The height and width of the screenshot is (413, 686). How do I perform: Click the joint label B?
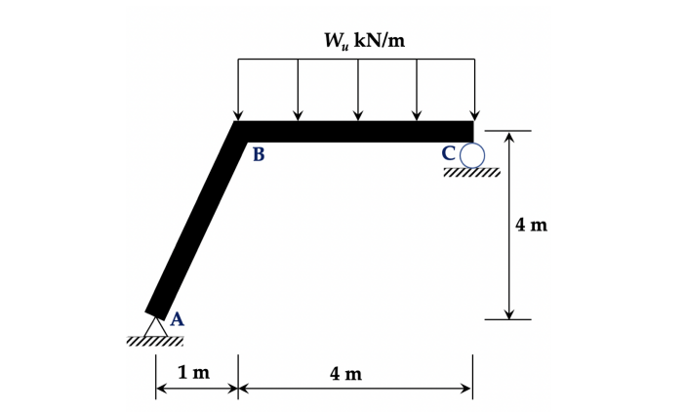point(259,154)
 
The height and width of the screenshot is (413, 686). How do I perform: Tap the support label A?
point(177,319)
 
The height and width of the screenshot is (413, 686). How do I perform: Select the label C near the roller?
point(449,153)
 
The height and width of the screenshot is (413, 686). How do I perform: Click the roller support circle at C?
point(472,155)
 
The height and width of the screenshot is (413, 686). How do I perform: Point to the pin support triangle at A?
point(156,327)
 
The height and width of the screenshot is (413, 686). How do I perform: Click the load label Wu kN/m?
point(364,41)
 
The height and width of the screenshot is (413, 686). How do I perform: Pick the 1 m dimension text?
point(194,373)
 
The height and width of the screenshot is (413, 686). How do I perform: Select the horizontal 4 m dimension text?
point(346,374)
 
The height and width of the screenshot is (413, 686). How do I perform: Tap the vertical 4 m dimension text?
point(531,225)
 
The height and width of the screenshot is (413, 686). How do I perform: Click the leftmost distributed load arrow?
point(238,90)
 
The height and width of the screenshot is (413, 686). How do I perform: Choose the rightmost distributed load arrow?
point(474,90)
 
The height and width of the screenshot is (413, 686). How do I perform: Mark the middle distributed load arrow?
point(358,90)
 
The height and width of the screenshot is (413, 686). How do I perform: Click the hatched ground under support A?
point(155,341)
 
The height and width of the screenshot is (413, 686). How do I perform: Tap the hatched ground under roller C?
point(471,172)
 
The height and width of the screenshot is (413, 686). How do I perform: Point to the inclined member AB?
point(196,222)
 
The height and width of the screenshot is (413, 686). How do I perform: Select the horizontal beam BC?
point(354,132)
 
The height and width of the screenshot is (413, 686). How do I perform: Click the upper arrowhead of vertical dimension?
point(508,136)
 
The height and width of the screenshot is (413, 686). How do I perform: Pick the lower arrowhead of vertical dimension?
point(508,314)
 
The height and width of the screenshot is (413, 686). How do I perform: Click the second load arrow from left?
point(298,90)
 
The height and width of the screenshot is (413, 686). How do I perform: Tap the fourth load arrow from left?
point(417,90)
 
